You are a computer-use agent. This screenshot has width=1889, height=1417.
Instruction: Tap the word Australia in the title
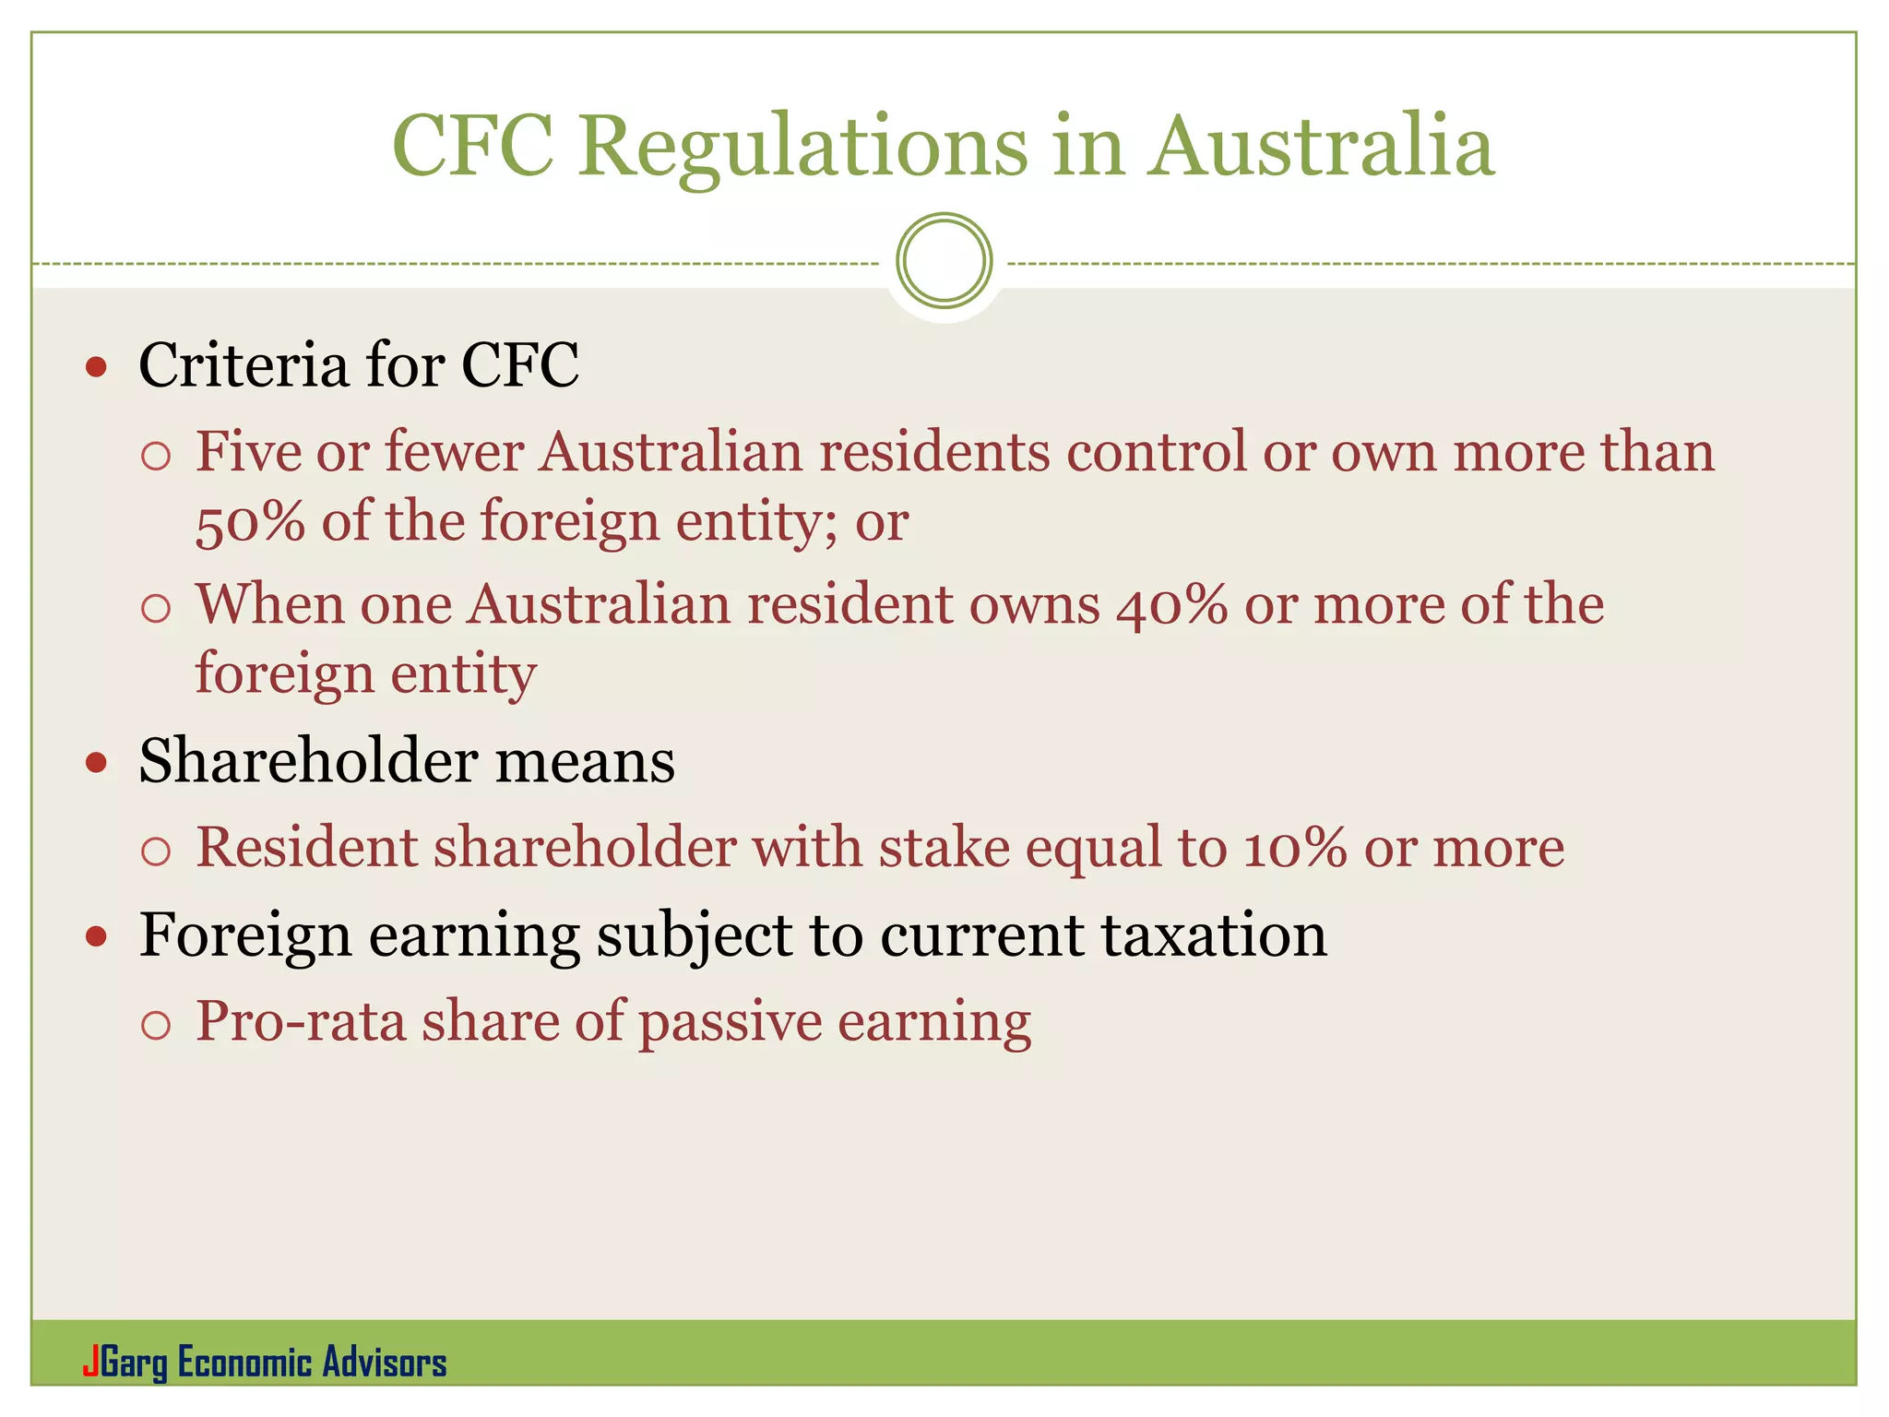(1321, 148)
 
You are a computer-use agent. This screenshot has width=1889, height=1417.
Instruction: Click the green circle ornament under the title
(944, 260)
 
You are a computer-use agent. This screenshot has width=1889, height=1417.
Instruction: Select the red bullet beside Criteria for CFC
(96, 368)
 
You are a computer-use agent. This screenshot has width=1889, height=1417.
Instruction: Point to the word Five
(248, 452)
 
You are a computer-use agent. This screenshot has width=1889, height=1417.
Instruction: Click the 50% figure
(250, 522)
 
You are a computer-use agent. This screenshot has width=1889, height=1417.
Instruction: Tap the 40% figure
(1171, 605)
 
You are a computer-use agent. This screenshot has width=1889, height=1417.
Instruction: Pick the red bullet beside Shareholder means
(96, 764)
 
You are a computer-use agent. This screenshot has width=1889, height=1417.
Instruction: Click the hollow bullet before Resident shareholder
(156, 851)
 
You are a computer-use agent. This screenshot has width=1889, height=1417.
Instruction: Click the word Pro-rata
(301, 1021)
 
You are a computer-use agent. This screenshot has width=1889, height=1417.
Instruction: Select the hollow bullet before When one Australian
(156, 608)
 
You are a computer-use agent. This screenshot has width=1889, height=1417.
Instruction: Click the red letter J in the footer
(89, 1363)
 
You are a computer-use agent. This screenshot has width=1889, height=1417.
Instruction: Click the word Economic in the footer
(244, 1363)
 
